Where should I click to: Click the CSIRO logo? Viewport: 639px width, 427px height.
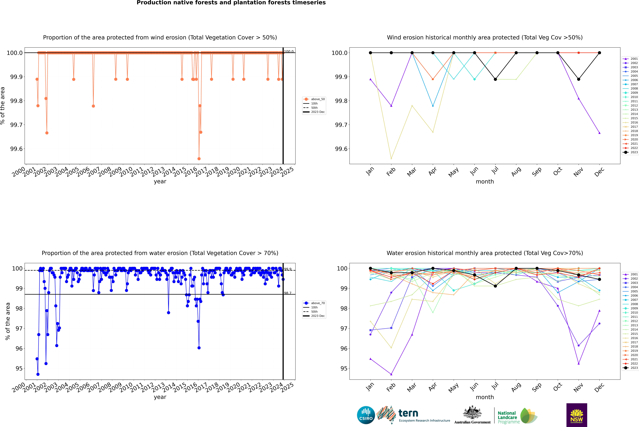coord(366,415)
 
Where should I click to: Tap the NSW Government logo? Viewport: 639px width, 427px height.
coord(577,415)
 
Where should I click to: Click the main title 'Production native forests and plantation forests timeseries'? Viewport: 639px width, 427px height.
coord(231,3)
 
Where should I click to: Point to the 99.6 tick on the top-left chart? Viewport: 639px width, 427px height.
coord(16,149)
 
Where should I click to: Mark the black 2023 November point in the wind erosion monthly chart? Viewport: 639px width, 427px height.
coord(579,79)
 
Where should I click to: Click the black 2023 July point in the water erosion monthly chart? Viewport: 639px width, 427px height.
coord(495,286)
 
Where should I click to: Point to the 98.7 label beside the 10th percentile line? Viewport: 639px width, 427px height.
coord(288,293)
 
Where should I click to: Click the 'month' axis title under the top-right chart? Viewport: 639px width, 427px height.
coord(485,182)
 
